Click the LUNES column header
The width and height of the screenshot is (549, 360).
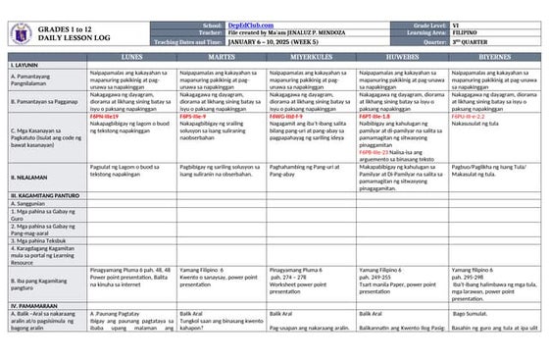[131, 57]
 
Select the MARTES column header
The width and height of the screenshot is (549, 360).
[221, 57]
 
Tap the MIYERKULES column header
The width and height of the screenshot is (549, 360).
[311, 57]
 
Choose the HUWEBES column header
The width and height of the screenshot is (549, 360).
[401, 57]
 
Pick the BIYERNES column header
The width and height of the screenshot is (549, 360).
[493, 57]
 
